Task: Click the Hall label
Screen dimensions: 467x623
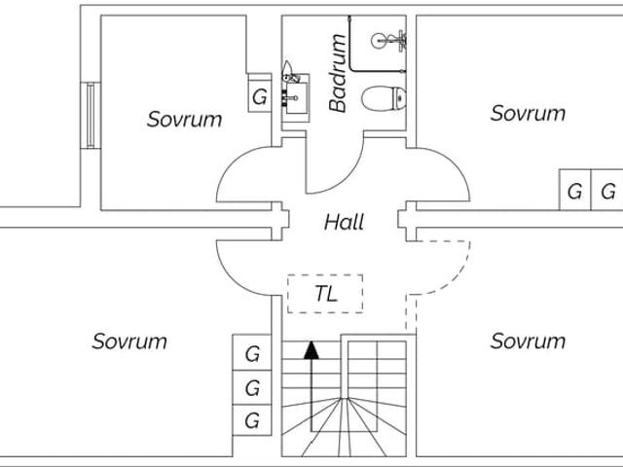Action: (344, 223)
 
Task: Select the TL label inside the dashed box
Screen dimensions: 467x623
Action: (326, 294)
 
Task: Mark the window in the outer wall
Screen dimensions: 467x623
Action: (90, 115)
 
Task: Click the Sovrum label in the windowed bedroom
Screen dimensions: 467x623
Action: (185, 120)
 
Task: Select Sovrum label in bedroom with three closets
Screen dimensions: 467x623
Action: (129, 341)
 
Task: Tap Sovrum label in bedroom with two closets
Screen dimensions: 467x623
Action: (528, 113)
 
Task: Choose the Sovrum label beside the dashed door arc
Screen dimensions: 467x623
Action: (528, 341)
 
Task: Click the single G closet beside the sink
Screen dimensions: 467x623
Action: (259, 96)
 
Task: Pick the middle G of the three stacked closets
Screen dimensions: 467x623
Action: (252, 387)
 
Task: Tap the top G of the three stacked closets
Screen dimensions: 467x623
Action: (252, 354)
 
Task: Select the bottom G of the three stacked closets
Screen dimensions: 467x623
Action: (252, 420)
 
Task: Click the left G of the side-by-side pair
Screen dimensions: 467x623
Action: (575, 192)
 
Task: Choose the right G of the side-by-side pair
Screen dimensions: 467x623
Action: (608, 192)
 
